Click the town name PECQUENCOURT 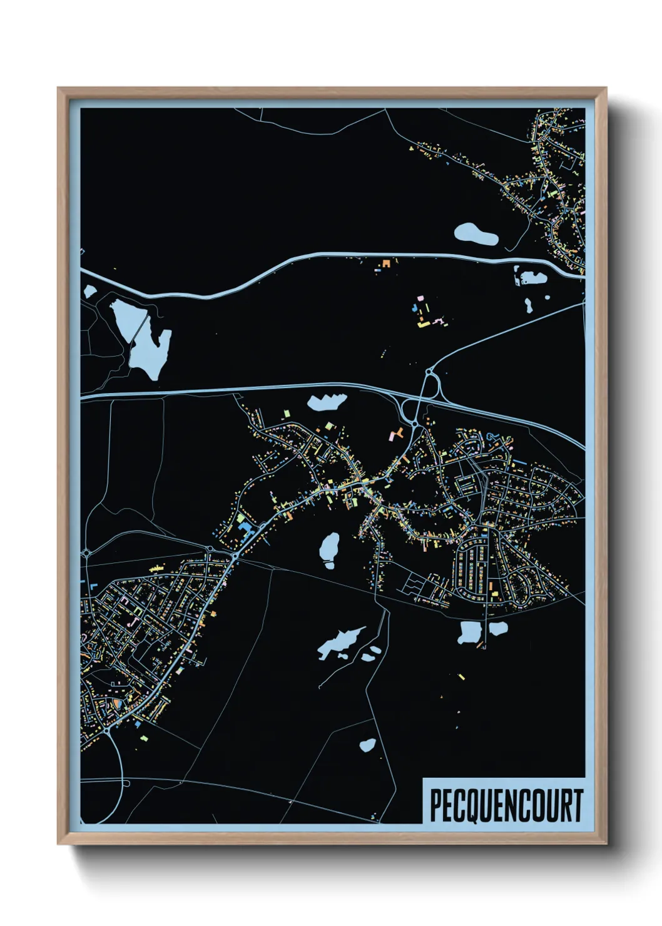click(x=506, y=805)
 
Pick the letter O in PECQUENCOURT click(x=537, y=805)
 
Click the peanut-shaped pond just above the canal click(x=476, y=234)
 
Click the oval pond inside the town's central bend click(x=329, y=547)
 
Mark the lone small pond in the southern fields click(x=368, y=745)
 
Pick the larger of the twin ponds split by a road click(x=469, y=633)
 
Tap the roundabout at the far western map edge click(x=86, y=553)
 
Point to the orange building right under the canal click(x=386, y=263)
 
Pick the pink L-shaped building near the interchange click(x=395, y=433)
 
